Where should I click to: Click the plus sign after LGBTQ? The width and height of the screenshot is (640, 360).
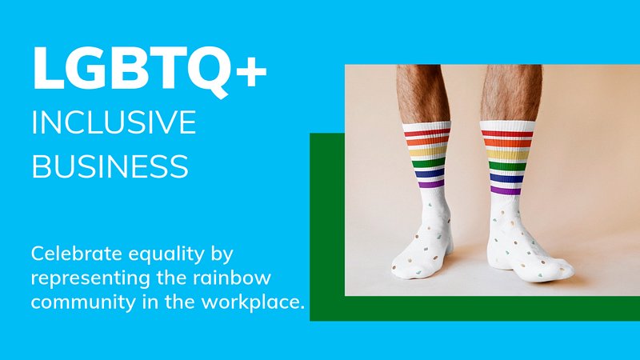[251, 71]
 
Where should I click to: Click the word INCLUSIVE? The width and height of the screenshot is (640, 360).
[114, 122]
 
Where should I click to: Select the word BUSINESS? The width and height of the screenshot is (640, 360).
[110, 166]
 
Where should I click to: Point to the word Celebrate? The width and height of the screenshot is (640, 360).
[76, 254]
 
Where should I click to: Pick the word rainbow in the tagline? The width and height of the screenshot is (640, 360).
[232, 278]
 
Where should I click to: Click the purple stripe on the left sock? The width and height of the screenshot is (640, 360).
[431, 184]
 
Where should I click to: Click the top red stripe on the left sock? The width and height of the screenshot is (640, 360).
[426, 132]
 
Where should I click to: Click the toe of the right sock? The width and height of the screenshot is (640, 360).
[562, 270]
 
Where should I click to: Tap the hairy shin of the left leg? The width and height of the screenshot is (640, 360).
[422, 93]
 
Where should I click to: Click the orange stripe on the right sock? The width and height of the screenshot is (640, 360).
[508, 143]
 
